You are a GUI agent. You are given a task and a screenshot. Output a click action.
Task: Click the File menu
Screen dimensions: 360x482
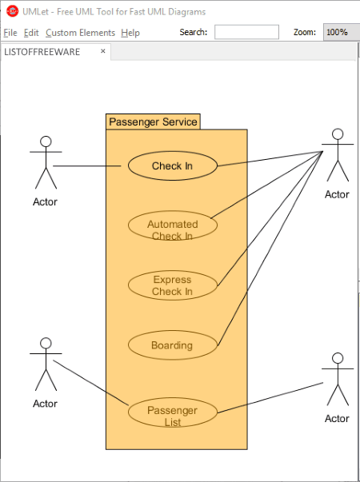10,33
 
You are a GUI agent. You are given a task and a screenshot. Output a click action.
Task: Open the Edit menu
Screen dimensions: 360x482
31,33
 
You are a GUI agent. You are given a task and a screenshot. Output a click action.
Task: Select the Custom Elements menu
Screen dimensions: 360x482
80,33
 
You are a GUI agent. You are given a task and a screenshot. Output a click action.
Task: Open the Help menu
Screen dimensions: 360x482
130,33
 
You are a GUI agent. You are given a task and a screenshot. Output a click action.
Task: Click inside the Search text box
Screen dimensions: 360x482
246,32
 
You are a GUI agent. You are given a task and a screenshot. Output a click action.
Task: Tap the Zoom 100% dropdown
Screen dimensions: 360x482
341,32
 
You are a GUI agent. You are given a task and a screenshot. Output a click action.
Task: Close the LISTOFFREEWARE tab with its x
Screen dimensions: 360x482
103,51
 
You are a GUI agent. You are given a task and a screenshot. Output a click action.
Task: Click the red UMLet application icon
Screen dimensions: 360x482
12,12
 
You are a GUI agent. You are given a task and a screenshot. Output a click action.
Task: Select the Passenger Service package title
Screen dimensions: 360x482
153,121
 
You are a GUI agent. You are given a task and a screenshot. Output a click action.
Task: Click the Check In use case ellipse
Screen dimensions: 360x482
172,165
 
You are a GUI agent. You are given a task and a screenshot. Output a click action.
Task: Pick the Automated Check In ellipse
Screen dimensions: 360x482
172,225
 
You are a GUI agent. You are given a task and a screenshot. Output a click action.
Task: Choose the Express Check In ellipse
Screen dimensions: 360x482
172,285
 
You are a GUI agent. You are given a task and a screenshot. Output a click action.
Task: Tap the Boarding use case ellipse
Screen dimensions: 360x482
172,345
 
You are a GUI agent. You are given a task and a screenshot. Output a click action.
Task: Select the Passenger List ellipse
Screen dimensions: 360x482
172,412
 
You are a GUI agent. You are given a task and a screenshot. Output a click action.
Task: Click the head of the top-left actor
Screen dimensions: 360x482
46,141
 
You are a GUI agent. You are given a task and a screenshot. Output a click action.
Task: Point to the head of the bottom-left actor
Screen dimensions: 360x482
46,343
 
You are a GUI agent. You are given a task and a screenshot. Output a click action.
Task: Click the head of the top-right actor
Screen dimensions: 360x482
338,134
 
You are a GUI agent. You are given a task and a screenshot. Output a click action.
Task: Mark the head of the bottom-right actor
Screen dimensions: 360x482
338,358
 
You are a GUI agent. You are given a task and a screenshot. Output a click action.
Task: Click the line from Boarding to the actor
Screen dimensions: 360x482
270,249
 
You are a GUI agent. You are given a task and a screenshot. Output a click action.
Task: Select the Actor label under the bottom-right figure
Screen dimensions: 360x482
337,418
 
